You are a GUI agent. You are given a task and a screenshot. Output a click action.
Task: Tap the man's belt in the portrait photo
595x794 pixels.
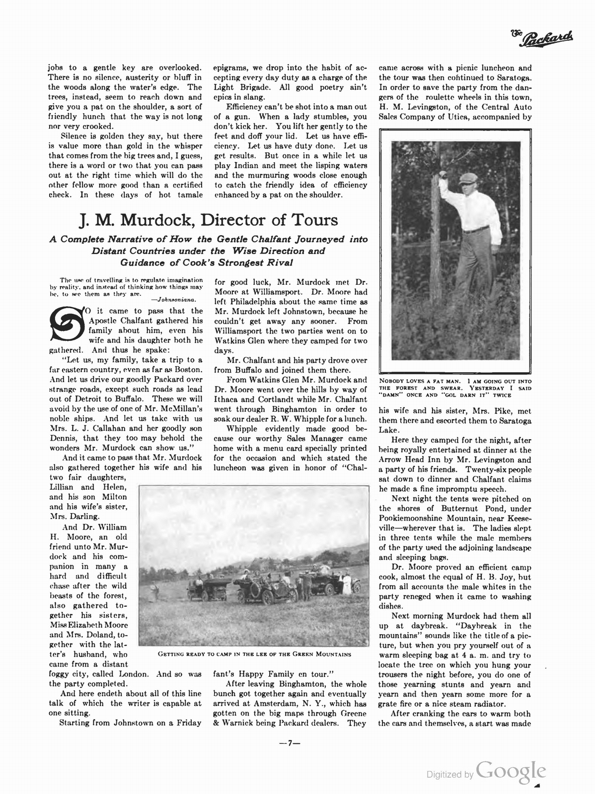coord(476,229)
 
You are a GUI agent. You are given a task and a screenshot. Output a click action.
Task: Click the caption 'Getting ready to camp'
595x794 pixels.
coord(254,654)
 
